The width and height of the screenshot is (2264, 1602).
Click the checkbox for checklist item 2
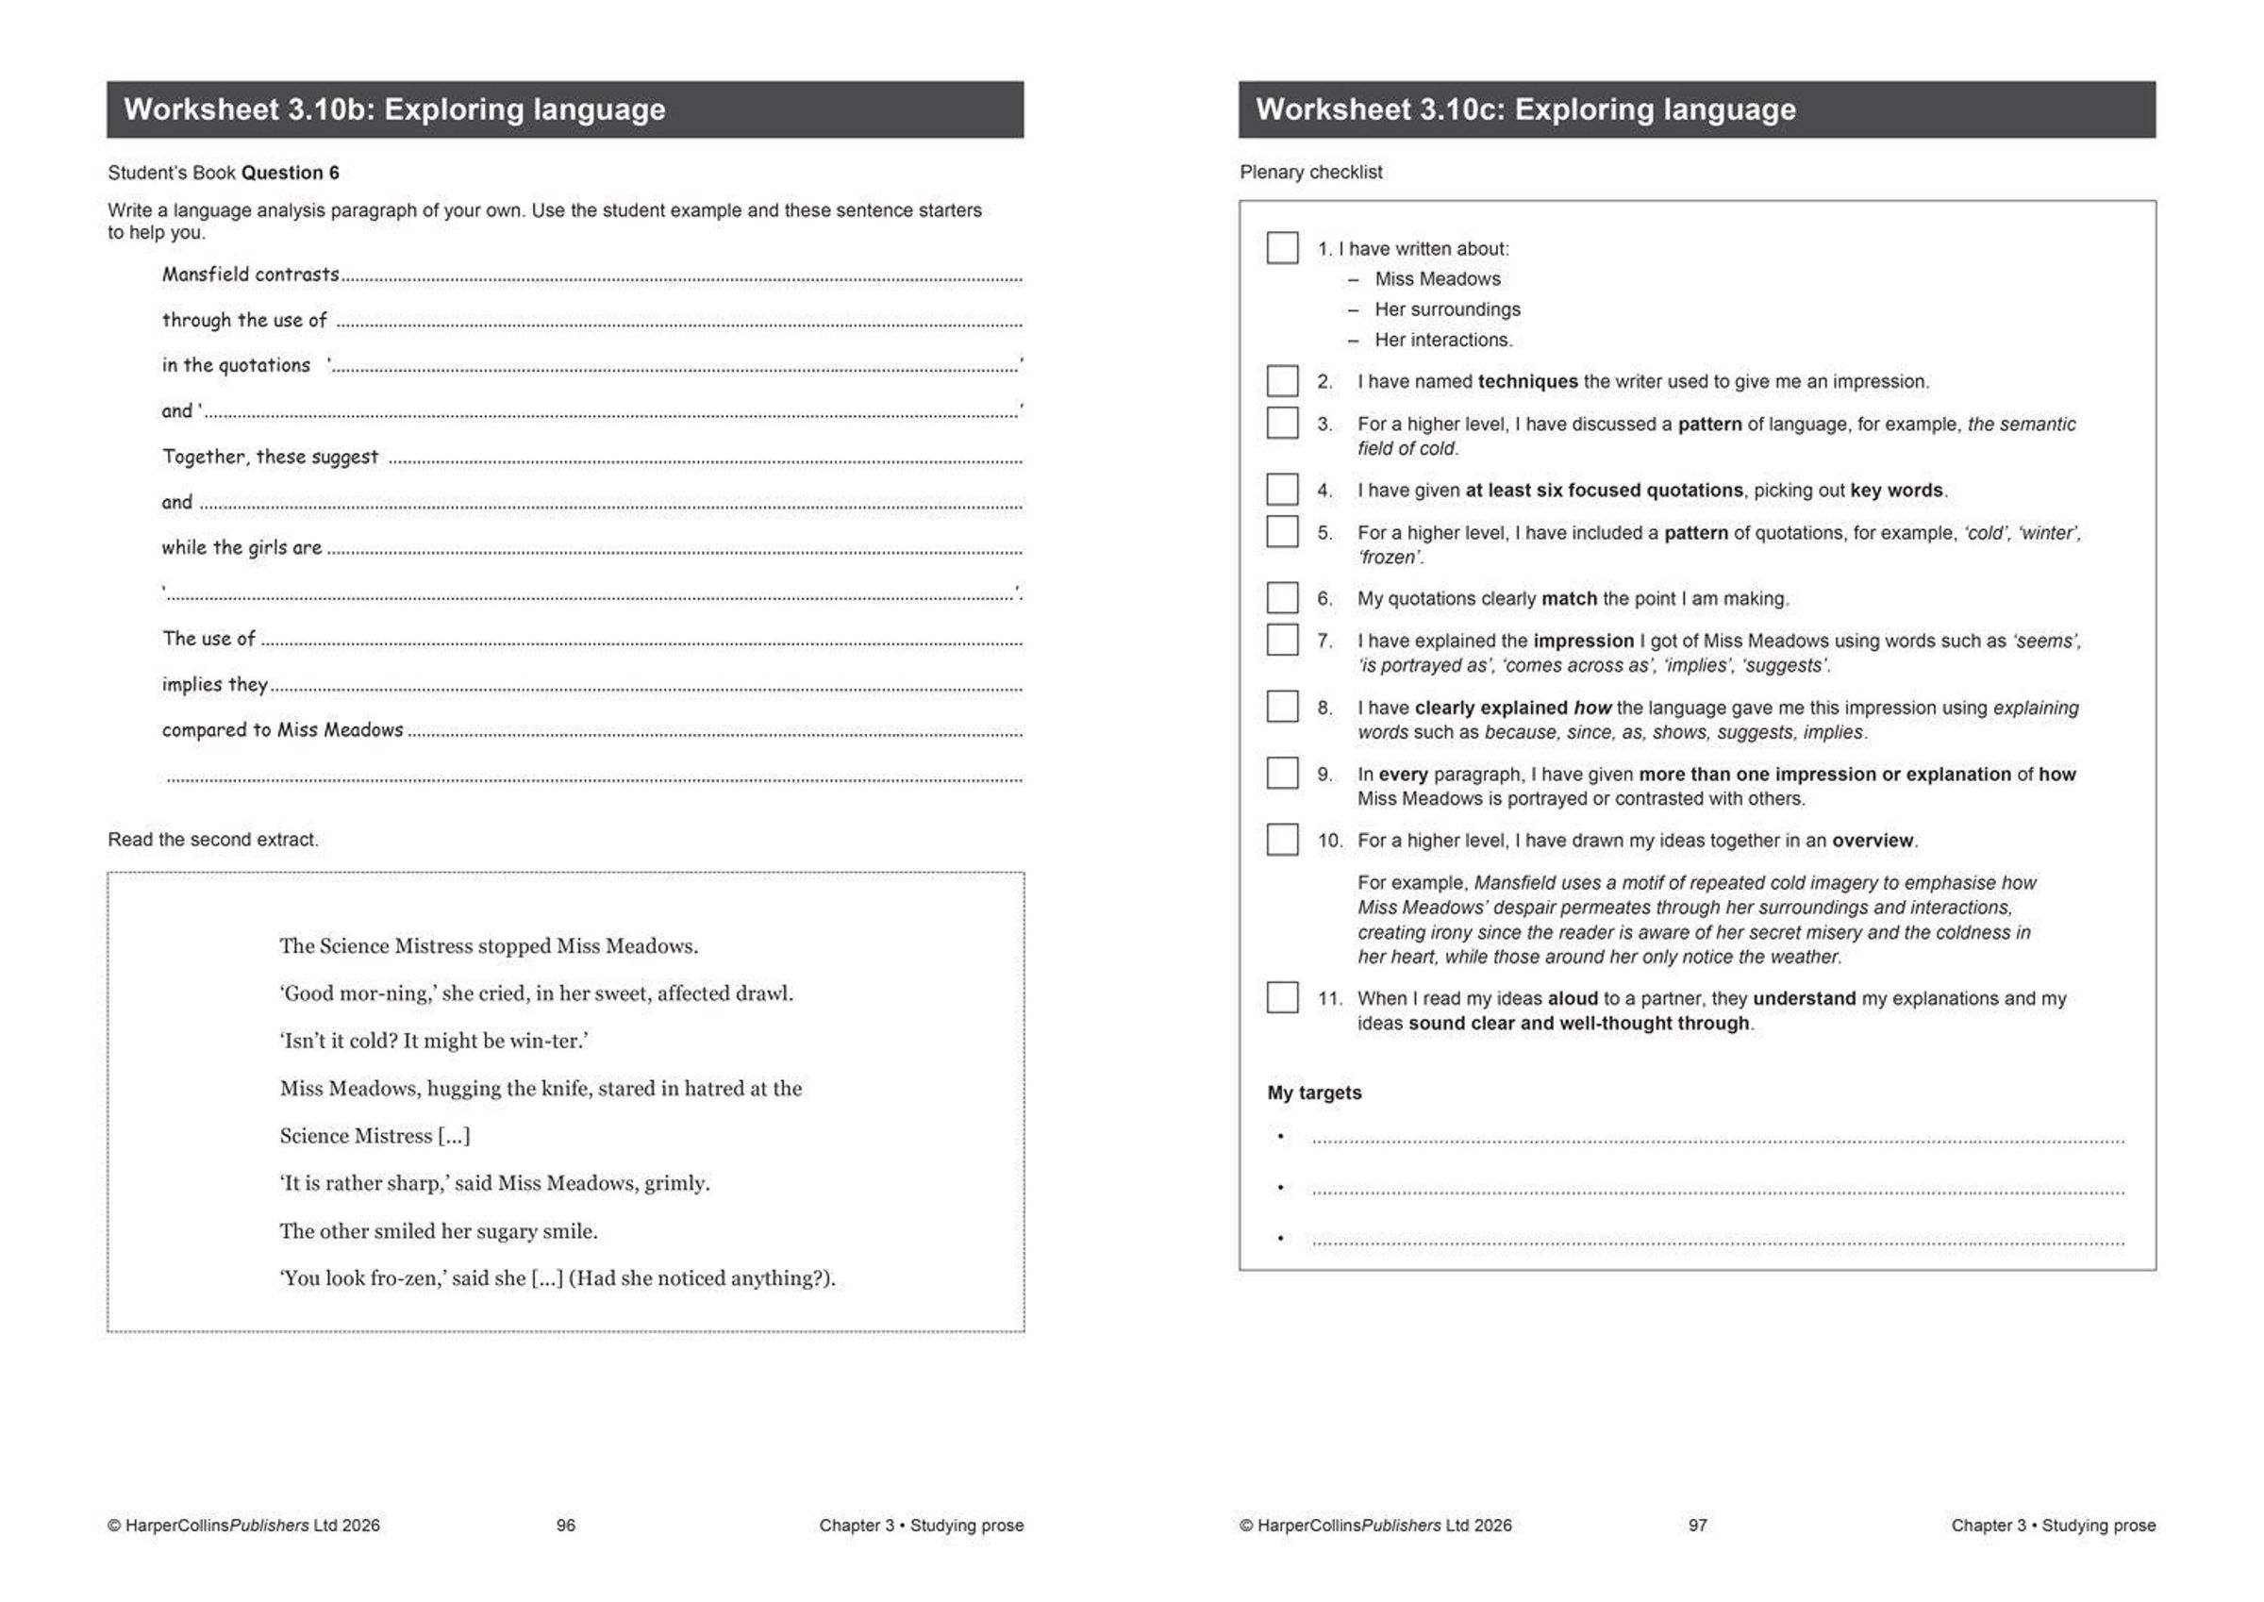click(1282, 381)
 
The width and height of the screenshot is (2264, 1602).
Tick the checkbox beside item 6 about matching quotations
click(1282, 598)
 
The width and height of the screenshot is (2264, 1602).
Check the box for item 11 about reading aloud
click(1282, 997)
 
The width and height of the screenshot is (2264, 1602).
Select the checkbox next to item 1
click(1282, 247)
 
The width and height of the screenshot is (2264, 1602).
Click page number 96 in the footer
click(566, 1525)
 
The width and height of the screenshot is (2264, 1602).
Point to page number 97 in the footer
click(1697, 1525)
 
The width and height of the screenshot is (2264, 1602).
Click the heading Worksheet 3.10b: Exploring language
click(394, 109)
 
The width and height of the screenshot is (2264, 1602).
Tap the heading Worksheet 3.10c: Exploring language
click(1525, 109)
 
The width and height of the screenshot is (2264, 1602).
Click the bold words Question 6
click(290, 173)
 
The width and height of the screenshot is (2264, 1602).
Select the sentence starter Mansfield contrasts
click(251, 275)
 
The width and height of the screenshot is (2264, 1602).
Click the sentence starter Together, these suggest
click(270, 457)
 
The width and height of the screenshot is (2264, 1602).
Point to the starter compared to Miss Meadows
click(283, 730)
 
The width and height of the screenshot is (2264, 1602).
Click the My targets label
click(1314, 1093)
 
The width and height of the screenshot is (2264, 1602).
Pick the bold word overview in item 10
click(1873, 841)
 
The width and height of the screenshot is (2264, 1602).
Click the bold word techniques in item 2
click(1527, 382)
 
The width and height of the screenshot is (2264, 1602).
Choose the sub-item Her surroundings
click(1447, 309)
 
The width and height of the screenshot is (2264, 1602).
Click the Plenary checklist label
click(1310, 173)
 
